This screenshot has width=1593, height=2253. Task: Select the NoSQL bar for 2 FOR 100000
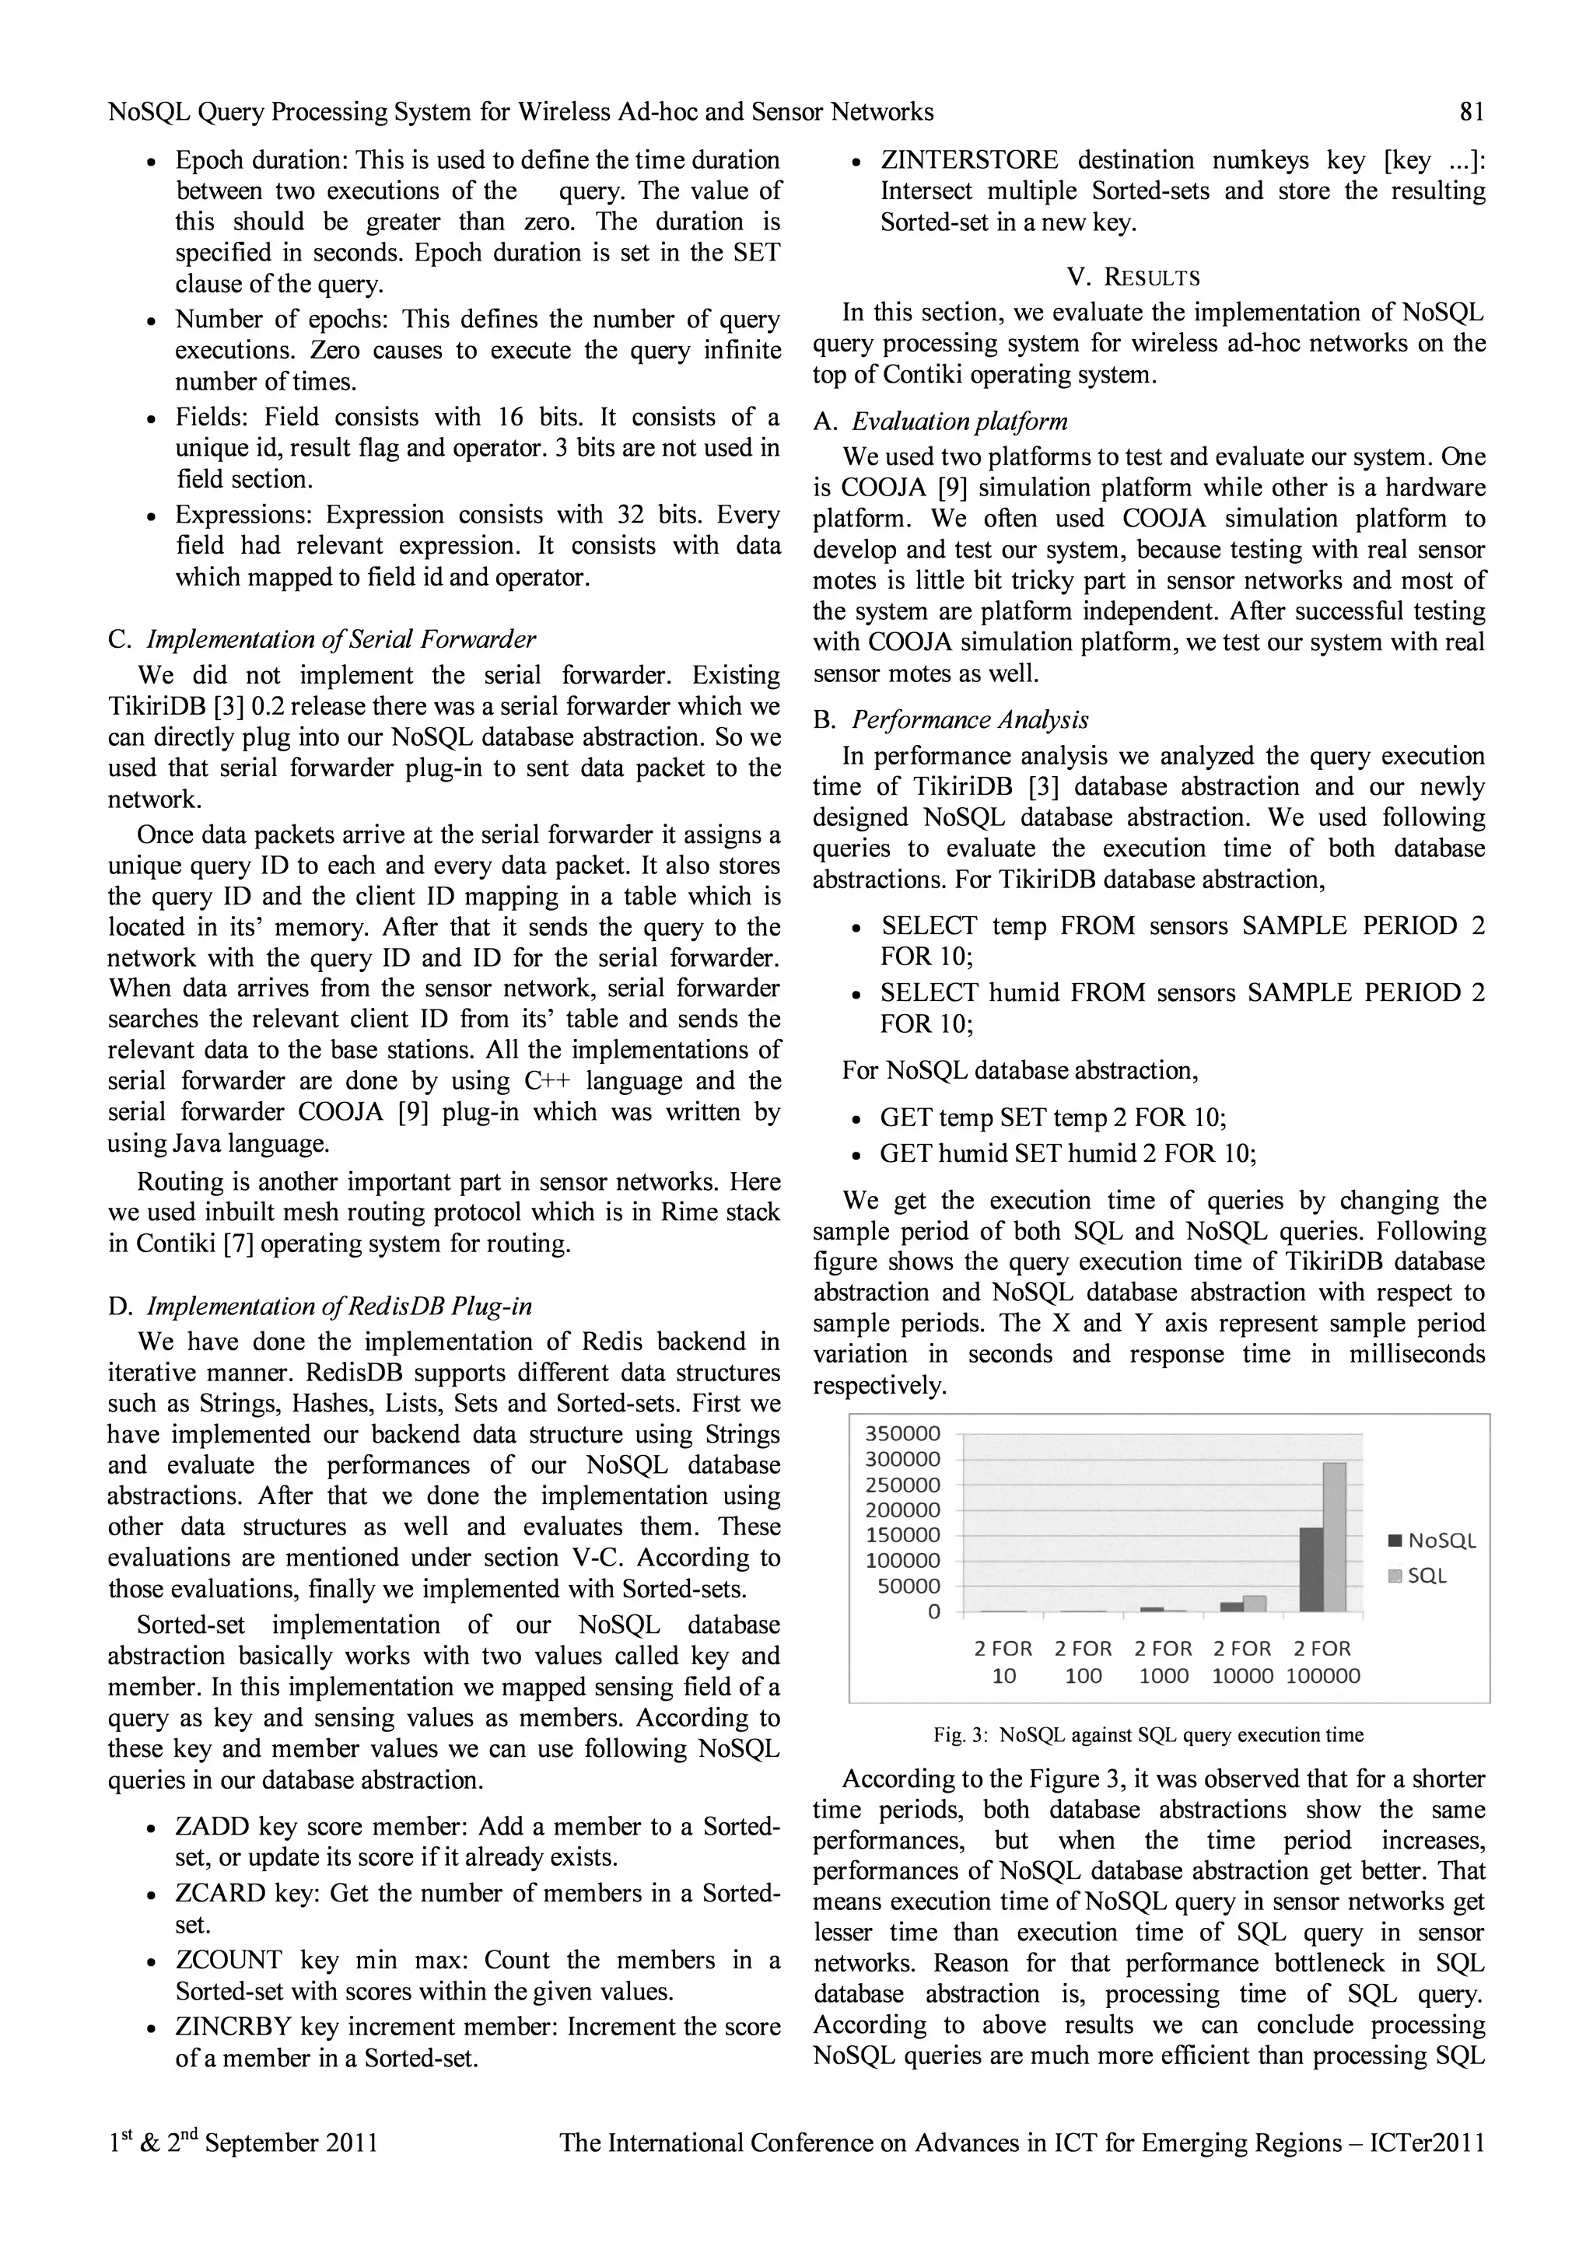point(1311,1569)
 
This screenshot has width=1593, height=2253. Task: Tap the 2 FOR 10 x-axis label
point(1003,1662)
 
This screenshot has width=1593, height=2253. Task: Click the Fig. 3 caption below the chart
point(1147,1735)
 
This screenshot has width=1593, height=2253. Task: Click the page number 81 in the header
point(1472,112)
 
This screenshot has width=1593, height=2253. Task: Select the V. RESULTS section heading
point(1133,278)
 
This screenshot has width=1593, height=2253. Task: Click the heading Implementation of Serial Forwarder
point(340,640)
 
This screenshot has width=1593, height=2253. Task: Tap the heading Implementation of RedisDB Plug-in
point(338,1307)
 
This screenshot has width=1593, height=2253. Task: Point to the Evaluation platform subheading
point(958,422)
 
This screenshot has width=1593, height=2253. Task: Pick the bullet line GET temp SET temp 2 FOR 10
point(1052,1118)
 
